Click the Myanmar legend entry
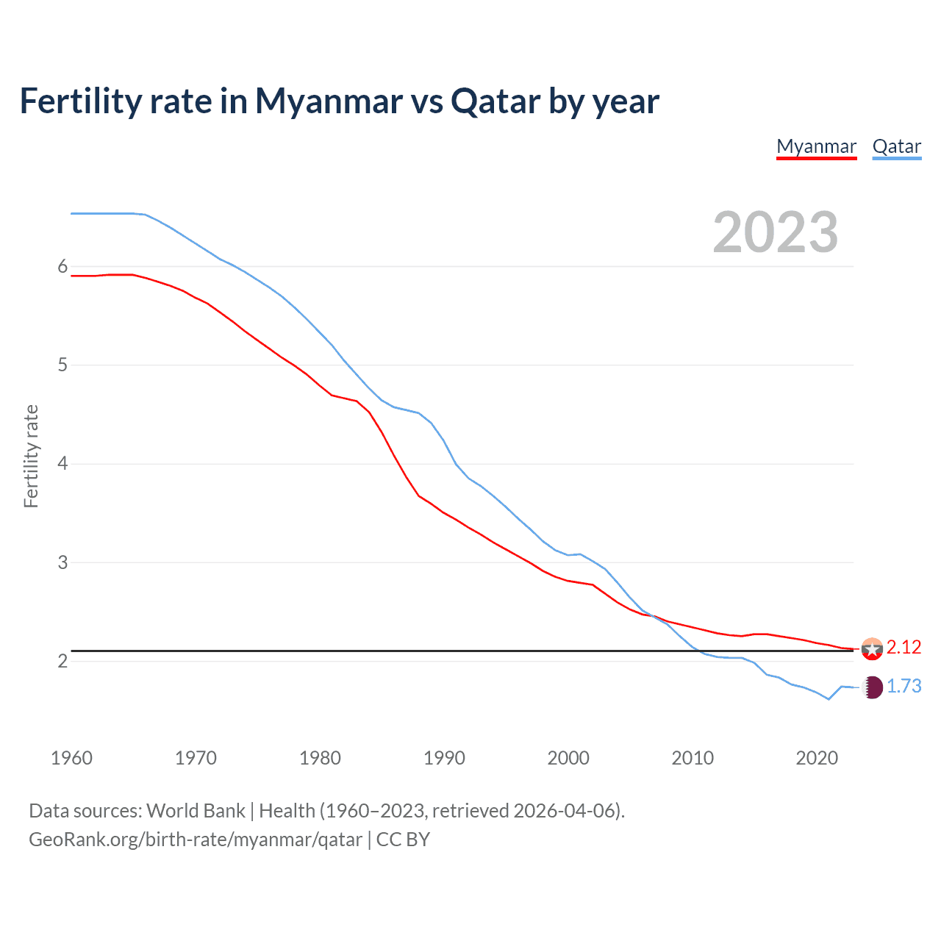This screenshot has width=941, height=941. tap(816, 146)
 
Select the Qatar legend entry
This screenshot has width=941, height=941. tap(896, 146)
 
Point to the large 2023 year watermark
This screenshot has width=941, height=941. tap(775, 232)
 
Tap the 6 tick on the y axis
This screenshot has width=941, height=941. tap(62, 267)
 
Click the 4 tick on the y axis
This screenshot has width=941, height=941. tap(62, 464)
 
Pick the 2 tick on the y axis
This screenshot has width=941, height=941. tap(62, 661)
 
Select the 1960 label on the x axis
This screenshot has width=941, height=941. tap(71, 758)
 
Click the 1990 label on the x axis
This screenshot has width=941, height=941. tap(444, 758)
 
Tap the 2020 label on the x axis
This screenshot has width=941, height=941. tap(817, 758)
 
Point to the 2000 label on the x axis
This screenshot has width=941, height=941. tap(568, 758)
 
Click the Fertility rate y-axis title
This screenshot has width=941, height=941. tap(31, 456)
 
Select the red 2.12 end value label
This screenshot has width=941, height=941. tap(904, 647)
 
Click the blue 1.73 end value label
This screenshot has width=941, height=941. tap(904, 686)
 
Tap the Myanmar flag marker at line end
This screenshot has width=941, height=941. tap(872, 649)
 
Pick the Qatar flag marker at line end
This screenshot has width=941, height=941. tap(872, 687)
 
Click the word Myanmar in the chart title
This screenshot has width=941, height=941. tap(329, 101)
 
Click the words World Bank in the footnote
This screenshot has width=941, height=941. tap(196, 811)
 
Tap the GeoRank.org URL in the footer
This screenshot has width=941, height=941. tap(196, 840)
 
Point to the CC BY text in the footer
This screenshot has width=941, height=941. tap(403, 840)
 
